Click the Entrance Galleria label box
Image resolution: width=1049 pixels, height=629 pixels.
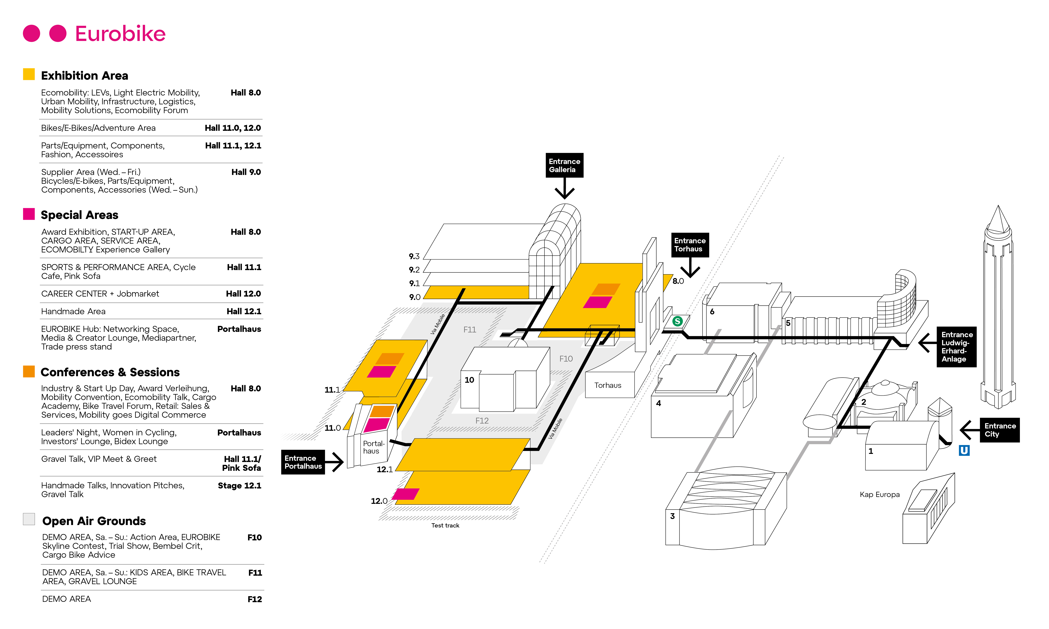[x=564, y=165]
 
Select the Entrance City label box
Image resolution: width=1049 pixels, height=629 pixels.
[x=999, y=430]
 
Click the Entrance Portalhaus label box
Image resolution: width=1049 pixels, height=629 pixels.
[x=303, y=462]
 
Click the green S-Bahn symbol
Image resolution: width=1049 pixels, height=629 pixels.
[x=677, y=321]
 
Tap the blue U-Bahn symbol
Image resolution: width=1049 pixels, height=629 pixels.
[x=964, y=450]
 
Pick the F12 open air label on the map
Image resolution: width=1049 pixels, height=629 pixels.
[x=481, y=421]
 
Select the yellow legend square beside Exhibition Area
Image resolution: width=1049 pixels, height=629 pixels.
[x=29, y=74]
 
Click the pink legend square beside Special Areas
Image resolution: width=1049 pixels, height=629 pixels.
[x=29, y=214]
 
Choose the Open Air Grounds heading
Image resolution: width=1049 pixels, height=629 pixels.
[x=94, y=521]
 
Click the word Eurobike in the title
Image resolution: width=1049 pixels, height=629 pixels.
[x=120, y=34]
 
